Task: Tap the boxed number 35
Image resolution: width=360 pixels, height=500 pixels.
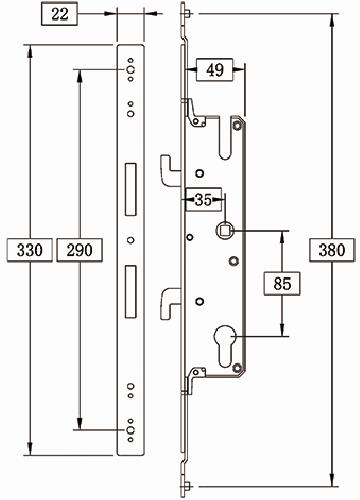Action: coord(203,199)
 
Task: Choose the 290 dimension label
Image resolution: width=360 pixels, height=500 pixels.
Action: coord(75,249)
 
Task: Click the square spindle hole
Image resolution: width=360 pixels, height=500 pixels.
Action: coord(227,230)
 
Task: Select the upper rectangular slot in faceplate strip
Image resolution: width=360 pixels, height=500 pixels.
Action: coord(129,189)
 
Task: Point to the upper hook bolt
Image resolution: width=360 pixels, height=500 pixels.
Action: coord(168,165)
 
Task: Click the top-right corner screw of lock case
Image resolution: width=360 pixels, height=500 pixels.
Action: coord(236,124)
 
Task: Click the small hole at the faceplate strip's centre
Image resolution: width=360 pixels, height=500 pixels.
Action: coord(129,239)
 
